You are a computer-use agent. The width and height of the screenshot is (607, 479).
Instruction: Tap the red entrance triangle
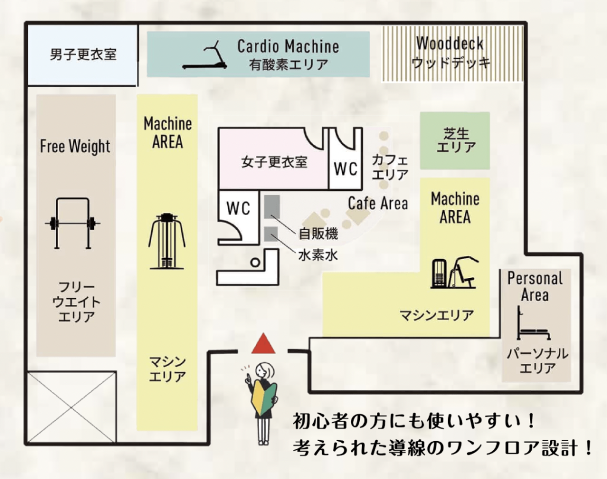pyautogui.click(x=262, y=343)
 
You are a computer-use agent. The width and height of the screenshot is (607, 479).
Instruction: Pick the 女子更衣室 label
pyautogui.click(x=274, y=161)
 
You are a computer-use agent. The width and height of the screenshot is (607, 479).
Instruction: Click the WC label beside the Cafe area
pyautogui.click(x=346, y=169)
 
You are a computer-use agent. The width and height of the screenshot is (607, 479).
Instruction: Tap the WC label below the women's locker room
pyautogui.click(x=238, y=209)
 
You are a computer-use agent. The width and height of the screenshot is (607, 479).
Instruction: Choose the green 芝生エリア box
pyautogui.click(x=455, y=140)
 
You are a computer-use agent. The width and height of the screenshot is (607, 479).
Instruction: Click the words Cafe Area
pyautogui.click(x=378, y=203)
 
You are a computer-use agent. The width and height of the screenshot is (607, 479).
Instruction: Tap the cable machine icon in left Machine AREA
pyautogui.click(x=167, y=241)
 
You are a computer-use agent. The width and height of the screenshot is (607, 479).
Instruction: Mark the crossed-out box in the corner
pyautogui.click(x=72, y=406)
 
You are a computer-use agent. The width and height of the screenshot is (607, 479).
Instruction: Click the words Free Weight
pyautogui.click(x=75, y=146)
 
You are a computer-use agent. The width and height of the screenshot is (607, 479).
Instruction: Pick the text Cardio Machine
pyautogui.click(x=288, y=46)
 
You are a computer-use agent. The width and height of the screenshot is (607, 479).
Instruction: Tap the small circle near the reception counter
pyautogui.click(x=255, y=261)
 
